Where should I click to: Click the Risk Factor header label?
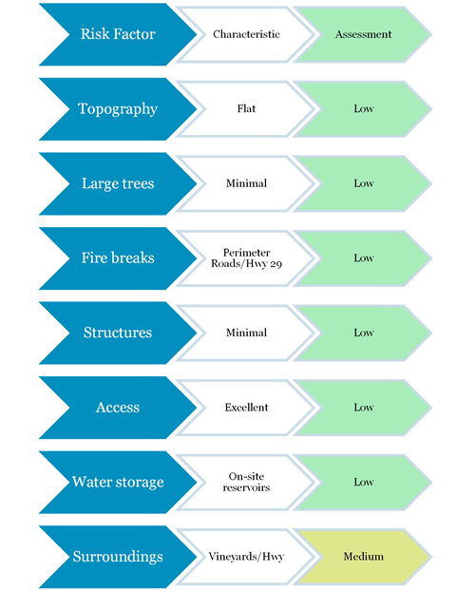tap(118, 34)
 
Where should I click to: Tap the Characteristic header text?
tap(246, 34)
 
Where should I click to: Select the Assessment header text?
tap(363, 34)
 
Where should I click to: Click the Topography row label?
tap(118, 109)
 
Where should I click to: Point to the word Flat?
tap(246, 108)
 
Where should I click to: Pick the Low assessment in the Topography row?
tap(364, 108)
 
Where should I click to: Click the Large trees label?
tap(118, 183)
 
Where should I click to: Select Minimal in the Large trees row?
tap(246, 183)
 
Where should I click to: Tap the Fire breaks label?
tap(118, 257)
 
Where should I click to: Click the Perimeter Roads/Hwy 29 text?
tap(246, 257)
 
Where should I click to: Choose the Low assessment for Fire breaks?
tap(364, 257)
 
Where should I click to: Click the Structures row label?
tap(118, 333)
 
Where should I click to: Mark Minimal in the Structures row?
tap(246, 333)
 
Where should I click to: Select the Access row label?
tap(118, 407)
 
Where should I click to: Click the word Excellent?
tap(246, 407)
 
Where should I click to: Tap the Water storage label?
tap(118, 482)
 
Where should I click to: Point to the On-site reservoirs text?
tap(246, 482)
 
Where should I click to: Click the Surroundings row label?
tap(118, 557)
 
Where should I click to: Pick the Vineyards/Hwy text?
tap(246, 557)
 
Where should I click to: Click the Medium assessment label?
tap(364, 557)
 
